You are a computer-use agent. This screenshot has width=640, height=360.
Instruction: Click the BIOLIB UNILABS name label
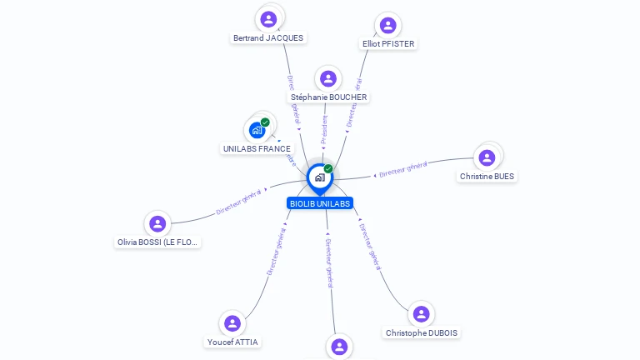tap(320, 203)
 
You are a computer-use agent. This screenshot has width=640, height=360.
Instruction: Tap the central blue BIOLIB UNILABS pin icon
tap(320, 177)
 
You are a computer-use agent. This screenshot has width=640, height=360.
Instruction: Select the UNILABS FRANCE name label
tap(257, 149)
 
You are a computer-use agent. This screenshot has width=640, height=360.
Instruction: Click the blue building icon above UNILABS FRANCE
tap(257, 131)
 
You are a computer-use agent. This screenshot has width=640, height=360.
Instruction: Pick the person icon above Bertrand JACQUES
tap(268, 19)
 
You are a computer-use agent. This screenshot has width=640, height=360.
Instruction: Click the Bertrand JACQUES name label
tap(268, 37)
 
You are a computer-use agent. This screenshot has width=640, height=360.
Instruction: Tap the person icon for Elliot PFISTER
tap(387, 25)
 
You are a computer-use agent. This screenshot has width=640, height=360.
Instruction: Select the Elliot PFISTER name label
tap(388, 43)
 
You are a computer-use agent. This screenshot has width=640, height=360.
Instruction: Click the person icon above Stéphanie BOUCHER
tap(328, 79)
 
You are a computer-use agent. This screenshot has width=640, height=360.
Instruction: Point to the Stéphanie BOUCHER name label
tap(328, 97)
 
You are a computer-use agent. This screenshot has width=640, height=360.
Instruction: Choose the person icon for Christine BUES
tap(487, 157)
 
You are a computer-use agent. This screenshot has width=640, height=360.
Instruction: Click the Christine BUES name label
tap(487, 177)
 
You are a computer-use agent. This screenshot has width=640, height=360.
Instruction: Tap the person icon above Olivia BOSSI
tap(157, 223)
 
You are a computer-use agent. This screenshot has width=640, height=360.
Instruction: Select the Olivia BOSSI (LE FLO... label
tap(158, 242)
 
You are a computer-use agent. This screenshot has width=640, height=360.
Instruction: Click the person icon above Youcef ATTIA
tap(232, 323)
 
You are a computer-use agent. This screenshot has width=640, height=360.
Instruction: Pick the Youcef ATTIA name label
tap(232, 342)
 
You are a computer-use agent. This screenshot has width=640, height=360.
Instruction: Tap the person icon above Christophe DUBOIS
tap(422, 314)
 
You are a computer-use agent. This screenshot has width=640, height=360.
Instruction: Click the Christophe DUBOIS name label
tap(422, 333)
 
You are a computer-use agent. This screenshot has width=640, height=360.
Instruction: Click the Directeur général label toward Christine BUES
tap(402, 170)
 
